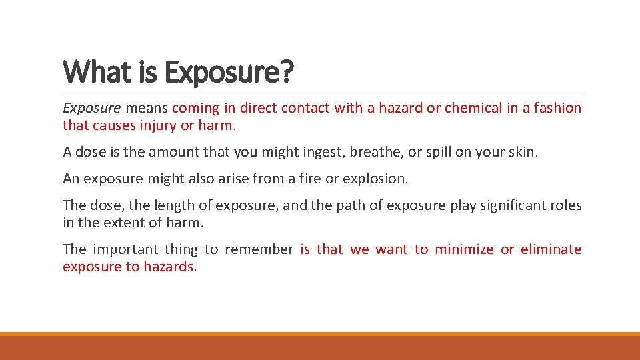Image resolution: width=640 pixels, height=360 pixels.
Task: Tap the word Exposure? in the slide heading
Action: (228, 72)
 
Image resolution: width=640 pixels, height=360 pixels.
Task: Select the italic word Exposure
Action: (92, 108)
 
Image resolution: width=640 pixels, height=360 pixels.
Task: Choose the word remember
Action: (259, 249)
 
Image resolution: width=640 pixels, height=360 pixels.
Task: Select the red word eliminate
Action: (551, 249)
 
